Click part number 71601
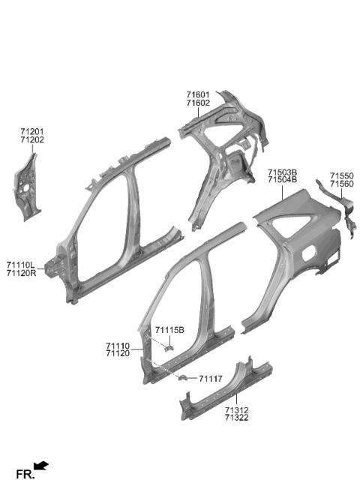pyautogui.click(x=198, y=94)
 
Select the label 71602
pyautogui.click(x=198, y=103)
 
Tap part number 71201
pyautogui.click(x=32, y=132)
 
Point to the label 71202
pyautogui.click(x=32, y=140)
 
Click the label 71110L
pyautogui.click(x=21, y=265)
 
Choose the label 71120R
pyautogui.click(x=21, y=273)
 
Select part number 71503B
pyautogui.click(x=282, y=172)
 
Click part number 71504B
pyautogui.click(x=282, y=180)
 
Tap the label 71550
pyautogui.click(x=341, y=176)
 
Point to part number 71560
pyautogui.click(x=341, y=184)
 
